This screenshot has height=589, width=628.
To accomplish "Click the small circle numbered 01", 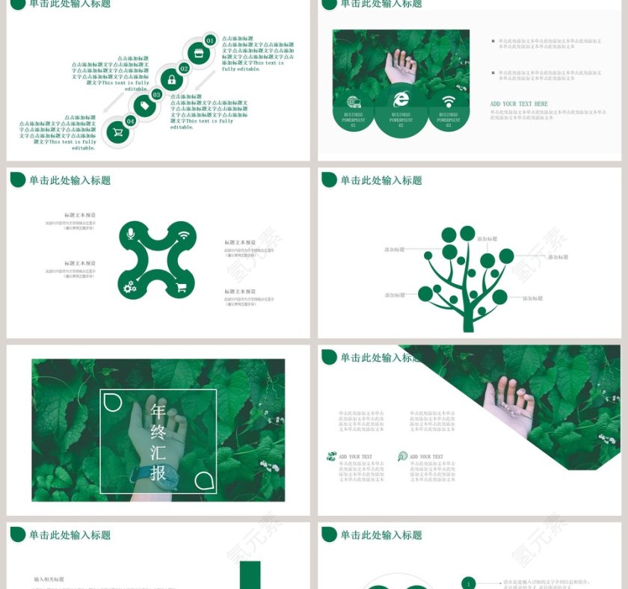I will pos(210,40).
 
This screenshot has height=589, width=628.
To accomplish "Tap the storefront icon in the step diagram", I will pos(198,53).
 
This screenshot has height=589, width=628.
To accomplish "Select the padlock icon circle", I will pos(171,80).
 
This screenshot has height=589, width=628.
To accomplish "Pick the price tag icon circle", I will pos(144,106).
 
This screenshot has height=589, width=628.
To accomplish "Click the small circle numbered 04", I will pos(131,120).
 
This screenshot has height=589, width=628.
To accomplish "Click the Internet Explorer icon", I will pos(401,99).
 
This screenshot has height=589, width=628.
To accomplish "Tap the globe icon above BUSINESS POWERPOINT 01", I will pos(354,102).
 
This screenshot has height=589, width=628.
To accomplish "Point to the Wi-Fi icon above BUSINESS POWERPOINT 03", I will pos(449,102).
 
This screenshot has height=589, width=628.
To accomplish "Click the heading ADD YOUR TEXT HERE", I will pos(519,104).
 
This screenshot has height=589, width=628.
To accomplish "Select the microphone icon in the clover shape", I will pos(131,235).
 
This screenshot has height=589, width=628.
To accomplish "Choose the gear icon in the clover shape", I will pos(130,286).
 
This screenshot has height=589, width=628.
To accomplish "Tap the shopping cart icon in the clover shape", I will pos(182,287).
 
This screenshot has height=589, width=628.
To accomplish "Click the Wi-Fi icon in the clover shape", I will pos(184,235).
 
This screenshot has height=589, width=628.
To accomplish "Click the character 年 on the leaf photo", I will pos(158,410).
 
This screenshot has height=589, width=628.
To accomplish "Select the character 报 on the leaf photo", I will pos(158,473).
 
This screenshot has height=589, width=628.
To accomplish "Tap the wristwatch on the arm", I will pos(147,473).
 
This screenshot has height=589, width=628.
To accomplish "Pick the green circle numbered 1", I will pos(469,583).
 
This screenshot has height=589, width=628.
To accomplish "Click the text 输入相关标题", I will pos(49,579).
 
